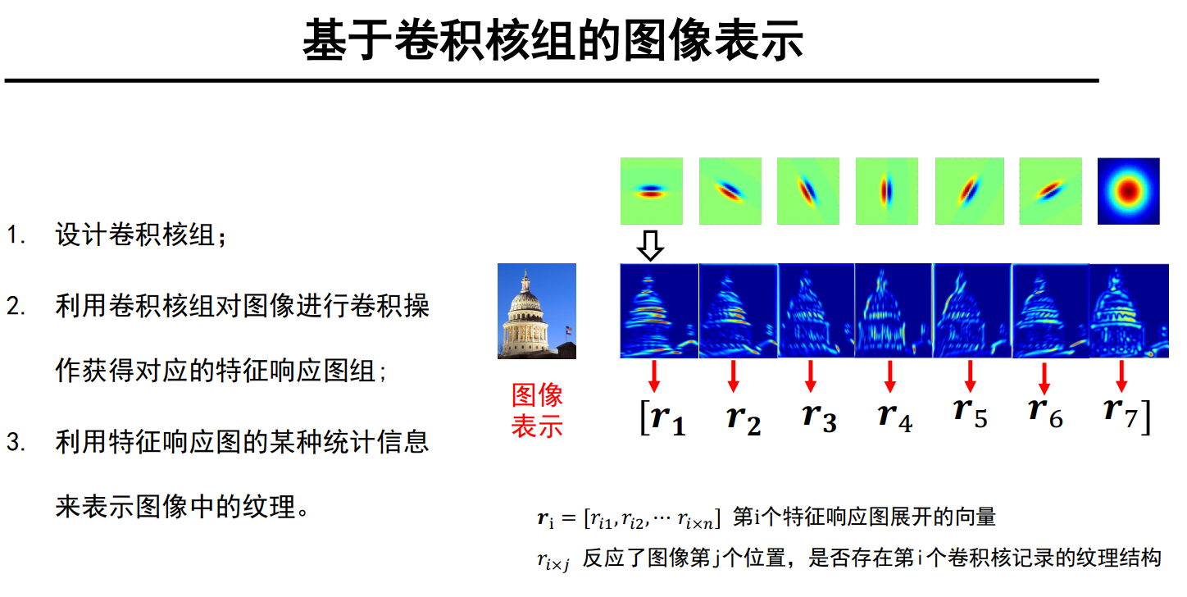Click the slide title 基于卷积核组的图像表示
tap(553, 40)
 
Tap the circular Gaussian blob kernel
tap(1129, 191)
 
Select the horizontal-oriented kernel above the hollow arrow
tap(652, 191)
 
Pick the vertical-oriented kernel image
tap(886, 191)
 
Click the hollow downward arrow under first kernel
tap(650, 245)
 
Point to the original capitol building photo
tap(537, 311)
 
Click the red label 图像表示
tap(537, 411)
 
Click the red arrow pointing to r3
tap(811, 375)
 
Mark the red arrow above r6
tap(1044, 376)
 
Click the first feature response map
tap(659, 311)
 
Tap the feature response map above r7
tap(1128, 311)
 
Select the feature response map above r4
tap(894, 311)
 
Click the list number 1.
tap(16, 236)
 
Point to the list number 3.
tap(16, 443)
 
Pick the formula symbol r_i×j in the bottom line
tap(552, 560)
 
